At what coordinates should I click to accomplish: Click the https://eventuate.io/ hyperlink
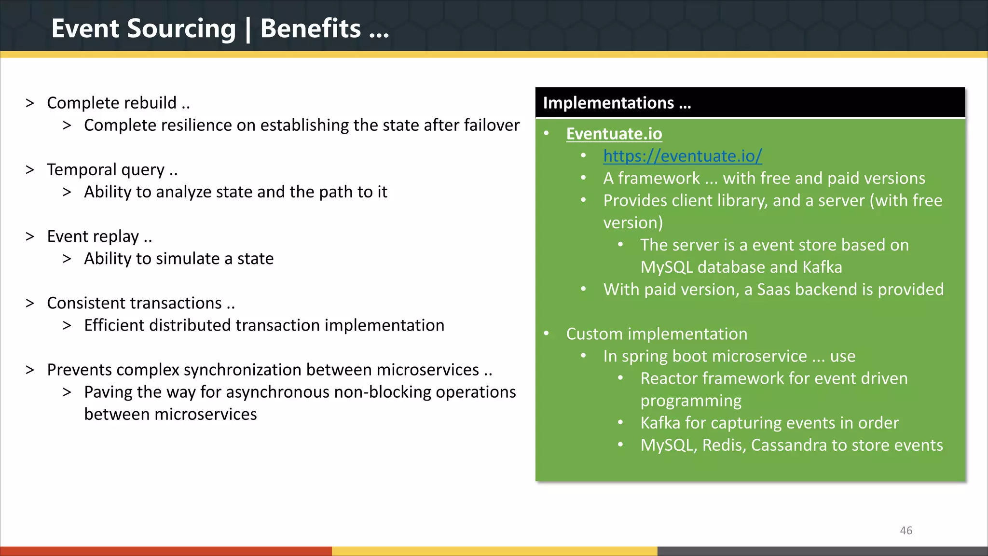pyautogui.click(x=682, y=156)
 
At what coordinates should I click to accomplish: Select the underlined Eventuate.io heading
pyautogui.click(x=614, y=134)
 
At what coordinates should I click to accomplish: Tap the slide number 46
pyautogui.click(x=906, y=530)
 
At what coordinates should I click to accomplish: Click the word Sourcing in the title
pyautogui.click(x=181, y=29)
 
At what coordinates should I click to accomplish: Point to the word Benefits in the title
pyautogui.click(x=310, y=28)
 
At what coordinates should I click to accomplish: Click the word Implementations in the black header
pyautogui.click(x=608, y=103)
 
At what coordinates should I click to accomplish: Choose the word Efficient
pyautogui.click(x=114, y=325)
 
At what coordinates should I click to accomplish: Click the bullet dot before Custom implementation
pyautogui.click(x=547, y=334)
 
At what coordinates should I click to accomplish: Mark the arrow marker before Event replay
pyautogui.click(x=30, y=236)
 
